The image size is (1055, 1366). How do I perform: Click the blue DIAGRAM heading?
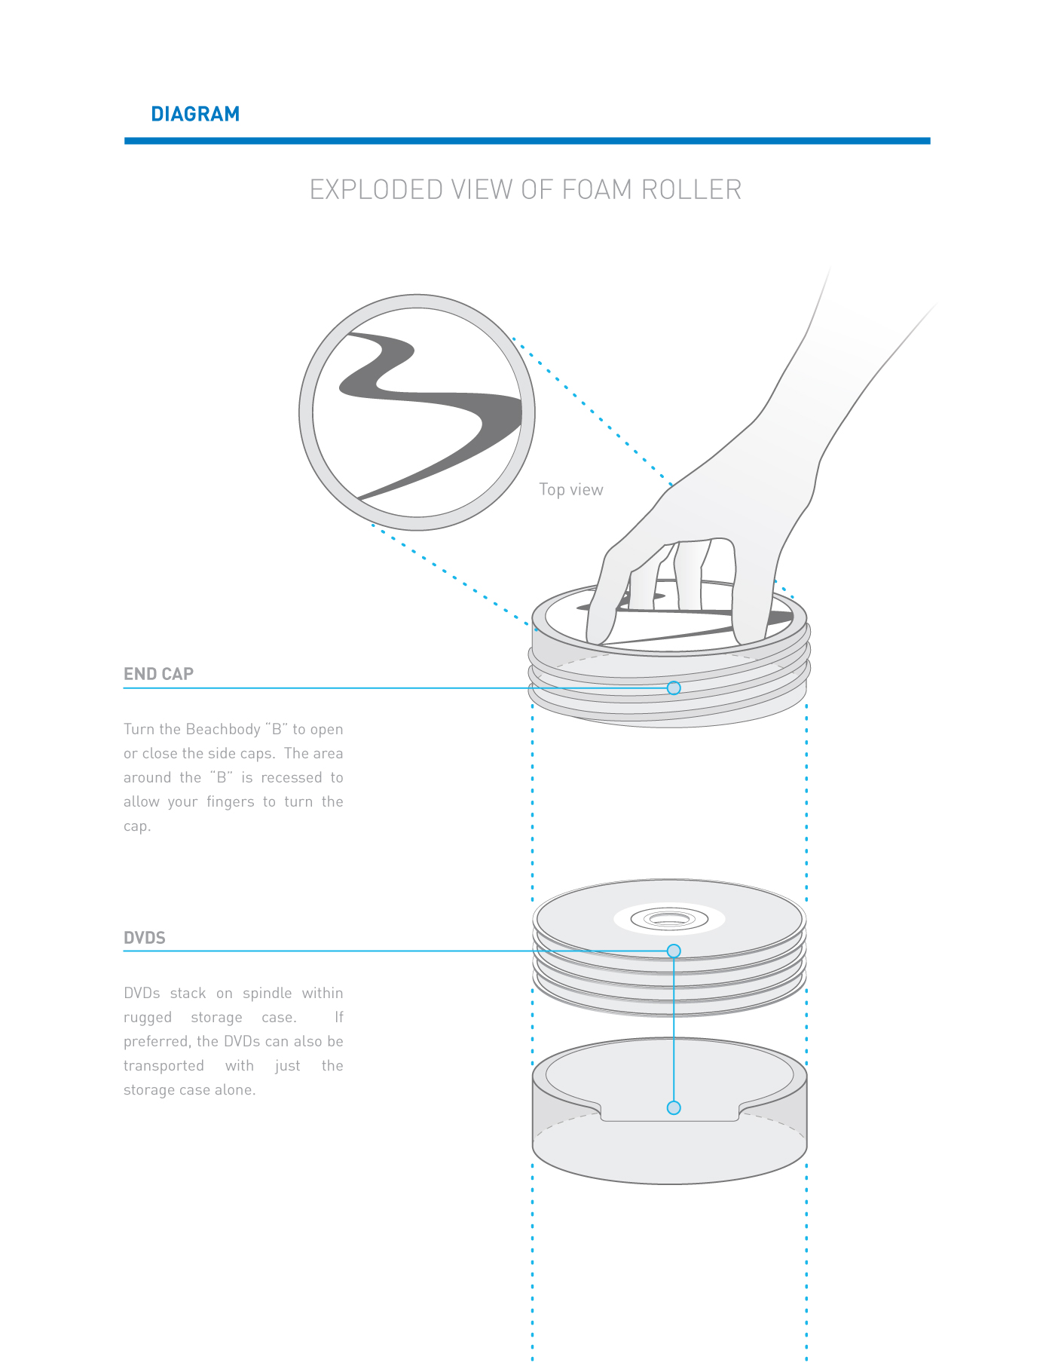pos(195,114)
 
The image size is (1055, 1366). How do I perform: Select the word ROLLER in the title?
pos(691,190)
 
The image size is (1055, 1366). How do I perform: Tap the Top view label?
pos(571,490)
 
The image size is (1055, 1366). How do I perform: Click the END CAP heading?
pos(158,674)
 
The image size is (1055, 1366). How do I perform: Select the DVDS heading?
pos(144,938)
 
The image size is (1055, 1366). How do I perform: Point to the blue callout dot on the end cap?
pos(674,688)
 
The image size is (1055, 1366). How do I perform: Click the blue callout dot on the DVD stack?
pos(674,951)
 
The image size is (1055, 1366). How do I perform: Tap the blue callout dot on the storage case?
pos(674,1107)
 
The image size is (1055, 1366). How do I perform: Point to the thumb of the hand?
pos(603,603)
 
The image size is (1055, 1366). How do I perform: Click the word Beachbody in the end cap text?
pos(223,729)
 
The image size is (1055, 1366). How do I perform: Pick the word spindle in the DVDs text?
pos(267,993)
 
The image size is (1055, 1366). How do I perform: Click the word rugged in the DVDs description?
pos(148,1018)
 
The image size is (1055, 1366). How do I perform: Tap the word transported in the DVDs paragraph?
pos(164,1066)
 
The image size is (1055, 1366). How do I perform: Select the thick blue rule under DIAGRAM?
pos(527,141)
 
